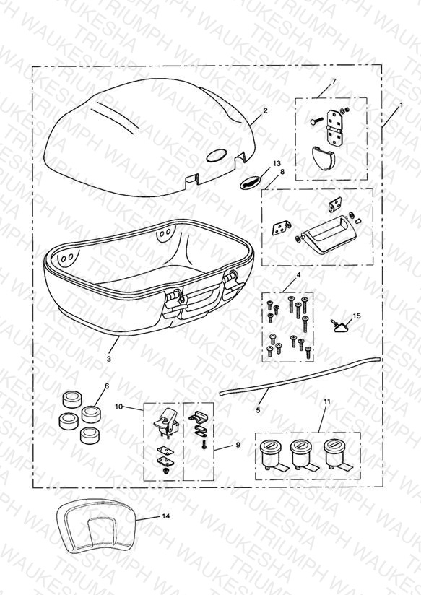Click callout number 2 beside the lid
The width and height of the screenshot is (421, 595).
click(265, 110)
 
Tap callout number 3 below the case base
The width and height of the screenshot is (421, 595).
click(109, 358)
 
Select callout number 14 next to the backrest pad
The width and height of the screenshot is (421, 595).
click(166, 516)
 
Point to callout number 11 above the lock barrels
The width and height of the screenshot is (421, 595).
click(327, 401)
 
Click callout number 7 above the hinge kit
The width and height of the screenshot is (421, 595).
click(334, 81)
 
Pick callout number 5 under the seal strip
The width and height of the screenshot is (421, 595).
click(258, 410)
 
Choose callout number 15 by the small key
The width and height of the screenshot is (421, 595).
click(357, 316)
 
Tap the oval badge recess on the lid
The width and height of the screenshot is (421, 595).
click(217, 155)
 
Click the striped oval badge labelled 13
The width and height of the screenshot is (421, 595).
click(251, 182)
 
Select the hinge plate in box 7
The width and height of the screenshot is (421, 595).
click(334, 127)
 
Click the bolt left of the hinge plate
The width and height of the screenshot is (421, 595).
click(316, 121)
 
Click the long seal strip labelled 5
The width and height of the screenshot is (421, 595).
click(300, 375)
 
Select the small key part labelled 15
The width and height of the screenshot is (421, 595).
click(339, 326)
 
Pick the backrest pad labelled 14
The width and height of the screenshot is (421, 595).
click(97, 526)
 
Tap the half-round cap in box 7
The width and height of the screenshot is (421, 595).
click(324, 157)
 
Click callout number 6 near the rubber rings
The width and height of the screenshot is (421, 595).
click(107, 386)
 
